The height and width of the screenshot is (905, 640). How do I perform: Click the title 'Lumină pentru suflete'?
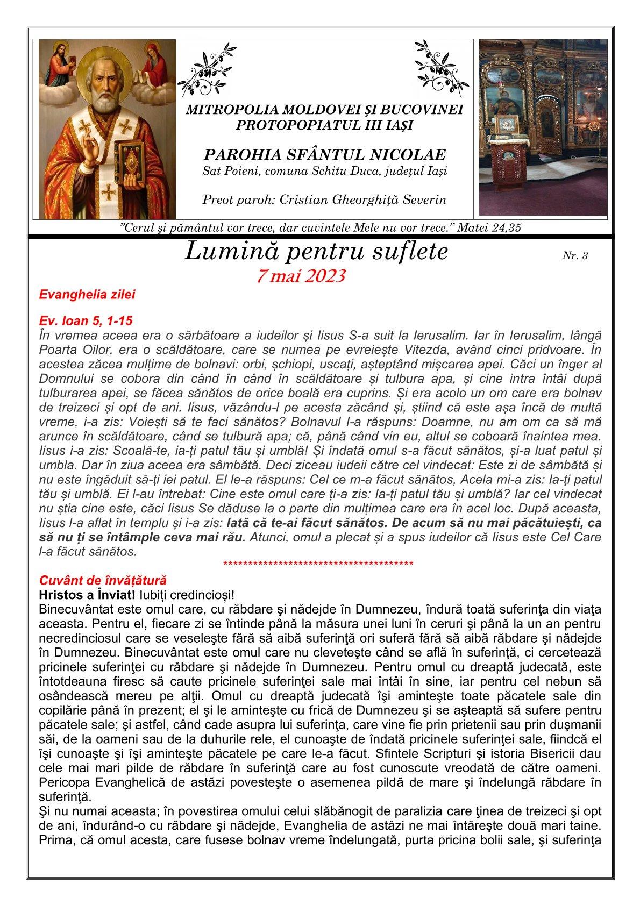pyautogui.click(x=316, y=252)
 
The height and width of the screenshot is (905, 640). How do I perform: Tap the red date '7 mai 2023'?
pyautogui.click(x=301, y=276)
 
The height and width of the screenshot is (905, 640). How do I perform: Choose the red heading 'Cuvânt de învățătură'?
pyautogui.click(x=103, y=581)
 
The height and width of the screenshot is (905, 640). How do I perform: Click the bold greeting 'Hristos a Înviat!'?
pyautogui.click(x=87, y=595)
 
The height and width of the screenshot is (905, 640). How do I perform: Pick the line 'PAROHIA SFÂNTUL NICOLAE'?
pyautogui.click(x=324, y=155)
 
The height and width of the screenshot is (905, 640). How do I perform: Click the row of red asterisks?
pyautogui.click(x=318, y=564)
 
